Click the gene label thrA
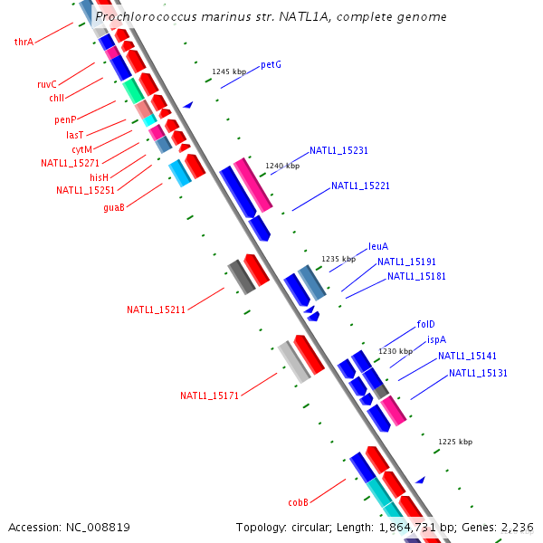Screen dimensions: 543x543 point(24,42)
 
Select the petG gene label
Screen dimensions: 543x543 point(271,65)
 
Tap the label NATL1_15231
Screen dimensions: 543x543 point(338,150)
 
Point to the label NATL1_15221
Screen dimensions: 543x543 point(360,186)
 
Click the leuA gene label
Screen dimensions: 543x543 point(378,246)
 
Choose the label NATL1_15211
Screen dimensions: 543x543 point(156,310)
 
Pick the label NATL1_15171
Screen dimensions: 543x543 point(209,395)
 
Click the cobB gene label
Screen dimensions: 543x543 point(299,501)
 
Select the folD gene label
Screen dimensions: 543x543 point(426,324)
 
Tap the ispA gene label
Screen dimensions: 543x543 point(436,339)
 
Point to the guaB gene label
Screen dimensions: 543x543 point(114,207)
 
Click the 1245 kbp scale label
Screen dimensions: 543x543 point(229,71)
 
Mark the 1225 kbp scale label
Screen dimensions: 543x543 point(455,442)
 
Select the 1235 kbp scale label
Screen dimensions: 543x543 point(338,259)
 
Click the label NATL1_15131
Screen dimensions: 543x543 point(478,373)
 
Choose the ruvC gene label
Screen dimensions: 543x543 point(47,84)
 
